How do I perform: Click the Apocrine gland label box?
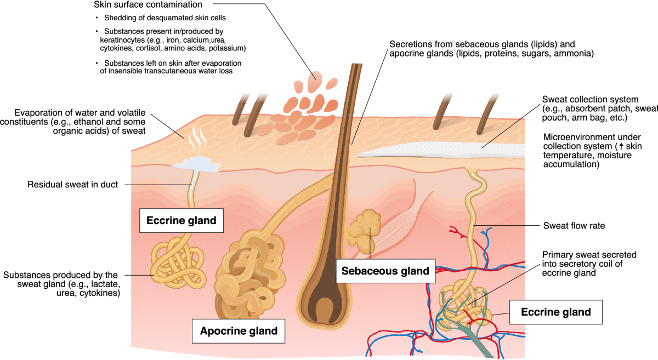pyautogui.click(x=239, y=331)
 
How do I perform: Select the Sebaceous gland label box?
pyautogui.click(x=382, y=271)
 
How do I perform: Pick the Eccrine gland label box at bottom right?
pyautogui.click(x=556, y=312)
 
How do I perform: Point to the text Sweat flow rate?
pyautogui.click(x=574, y=225)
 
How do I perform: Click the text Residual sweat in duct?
pyautogui.click(x=73, y=185)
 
